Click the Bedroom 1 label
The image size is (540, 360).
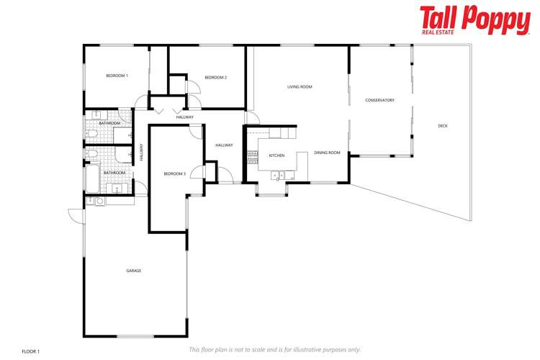pyautogui.click(x=117, y=76)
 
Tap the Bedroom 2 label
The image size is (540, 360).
pyautogui.click(x=215, y=78)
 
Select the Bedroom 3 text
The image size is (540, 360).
pyautogui.click(x=174, y=174)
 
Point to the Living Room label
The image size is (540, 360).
pyautogui.click(x=300, y=87)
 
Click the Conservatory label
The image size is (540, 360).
pyautogui.click(x=379, y=100)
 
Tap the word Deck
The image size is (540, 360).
pyautogui.click(x=442, y=126)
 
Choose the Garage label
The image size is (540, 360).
pyautogui.click(x=134, y=271)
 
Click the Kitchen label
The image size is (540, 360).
pyautogui.click(x=276, y=156)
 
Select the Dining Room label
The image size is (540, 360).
pyautogui.click(x=327, y=153)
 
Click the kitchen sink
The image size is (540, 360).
pyautogui.click(x=277, y=174)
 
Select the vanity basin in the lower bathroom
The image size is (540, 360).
pyautogui.click(x=117, y=189)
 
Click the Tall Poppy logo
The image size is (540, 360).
pyautogui.click(x=474, y=20)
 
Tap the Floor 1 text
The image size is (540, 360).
pyautogui.click(x=30, y=351)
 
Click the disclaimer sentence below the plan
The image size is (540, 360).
pyautogui.click(x=274, y=349)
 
